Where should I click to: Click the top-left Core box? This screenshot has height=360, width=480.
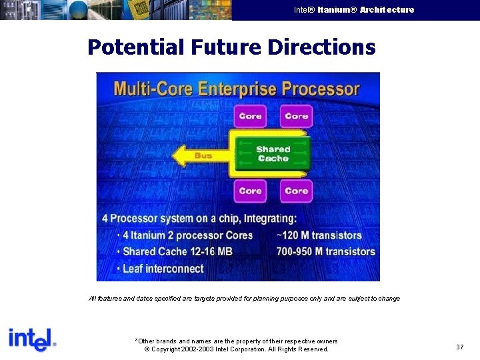click(x=250, y=116)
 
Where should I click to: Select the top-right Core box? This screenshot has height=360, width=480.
click(x=296, y=116)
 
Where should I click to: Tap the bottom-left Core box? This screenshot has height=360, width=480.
click(x=250, y=191)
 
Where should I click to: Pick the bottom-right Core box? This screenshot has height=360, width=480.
click(x=296, y=191)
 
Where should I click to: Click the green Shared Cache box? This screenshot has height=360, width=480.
click(x=273, y=154)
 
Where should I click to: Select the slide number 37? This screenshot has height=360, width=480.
click(x=459, y=347)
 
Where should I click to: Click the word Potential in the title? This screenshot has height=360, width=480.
click(x=136, y=47)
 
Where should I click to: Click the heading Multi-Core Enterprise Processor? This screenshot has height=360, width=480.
click(x=237, y=89)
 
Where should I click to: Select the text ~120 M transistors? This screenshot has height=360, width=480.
click(x=319, y=235)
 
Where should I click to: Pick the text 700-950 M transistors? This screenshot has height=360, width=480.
click(x=325, y=251)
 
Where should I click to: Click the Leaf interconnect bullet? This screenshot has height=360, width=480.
click(x=163, y=269)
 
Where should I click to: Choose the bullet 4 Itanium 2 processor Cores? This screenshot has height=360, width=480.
click(x=187, y=235)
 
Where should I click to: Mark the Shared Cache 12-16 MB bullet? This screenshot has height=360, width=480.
click(x=177, y=251)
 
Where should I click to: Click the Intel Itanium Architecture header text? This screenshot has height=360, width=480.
click(x=353, y=10)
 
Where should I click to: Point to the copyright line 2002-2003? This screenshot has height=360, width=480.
click(x=236, y=349)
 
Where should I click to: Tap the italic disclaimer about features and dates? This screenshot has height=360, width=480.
click(x=244, y=299)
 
